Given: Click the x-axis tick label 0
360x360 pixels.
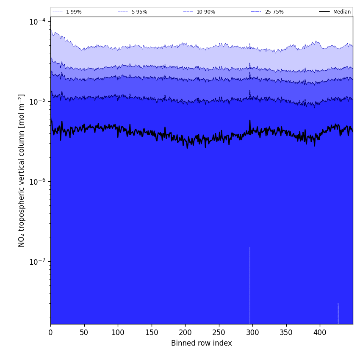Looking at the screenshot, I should [50, 332].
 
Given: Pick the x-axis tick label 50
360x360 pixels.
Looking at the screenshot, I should [84, 332].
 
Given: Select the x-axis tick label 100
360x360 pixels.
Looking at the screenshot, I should [118, 332].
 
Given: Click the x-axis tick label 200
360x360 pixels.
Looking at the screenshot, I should [185, 332].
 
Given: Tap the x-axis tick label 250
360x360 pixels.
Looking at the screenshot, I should [219, 332].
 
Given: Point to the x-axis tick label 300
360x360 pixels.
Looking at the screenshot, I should [252, 332].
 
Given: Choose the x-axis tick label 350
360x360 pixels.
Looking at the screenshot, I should [286, 332].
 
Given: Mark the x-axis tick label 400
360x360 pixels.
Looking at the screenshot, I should [320, 332].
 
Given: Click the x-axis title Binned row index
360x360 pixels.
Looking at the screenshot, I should [202, 343].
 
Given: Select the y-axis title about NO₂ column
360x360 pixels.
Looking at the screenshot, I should [22, 170].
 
